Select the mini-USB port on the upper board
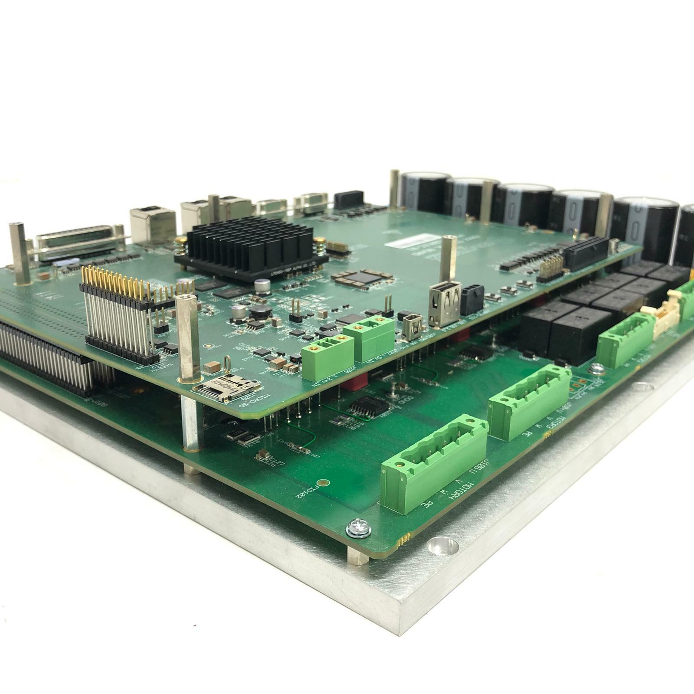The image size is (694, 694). click(x=410, y=327)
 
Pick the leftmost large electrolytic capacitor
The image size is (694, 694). click(x=423, y=193)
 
